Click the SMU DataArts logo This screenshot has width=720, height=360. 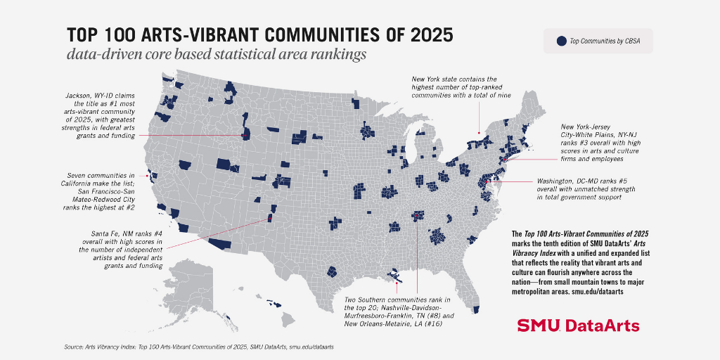tap(578, 326)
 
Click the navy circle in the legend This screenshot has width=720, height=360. tap(561, 41)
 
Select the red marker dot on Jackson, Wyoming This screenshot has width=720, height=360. tap(244, 136)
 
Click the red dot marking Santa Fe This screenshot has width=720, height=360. tap(270, 219)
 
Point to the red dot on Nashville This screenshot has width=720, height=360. tap(416, 215)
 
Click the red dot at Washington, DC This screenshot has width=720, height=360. tap(488, 182)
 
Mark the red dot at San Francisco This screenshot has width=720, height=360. tap(147, 175)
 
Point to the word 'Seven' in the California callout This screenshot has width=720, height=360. tap(76, 175)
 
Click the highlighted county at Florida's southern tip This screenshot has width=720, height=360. tap(476, 310)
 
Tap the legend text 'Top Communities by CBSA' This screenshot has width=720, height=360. tap(604, 41)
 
